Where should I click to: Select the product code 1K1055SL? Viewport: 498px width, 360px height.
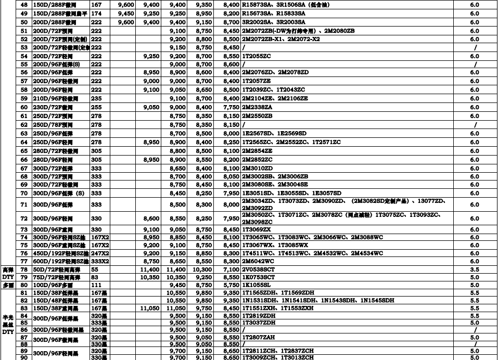coord(256,285)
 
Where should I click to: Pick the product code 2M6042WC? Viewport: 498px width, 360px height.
coord(258,261)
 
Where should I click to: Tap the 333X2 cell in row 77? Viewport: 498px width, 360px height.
coord(99,261)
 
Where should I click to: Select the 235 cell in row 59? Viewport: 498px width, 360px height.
coord(96,98)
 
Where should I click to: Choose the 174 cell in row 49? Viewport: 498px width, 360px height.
coord(96,13)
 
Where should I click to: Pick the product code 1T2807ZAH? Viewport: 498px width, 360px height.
coord(259,337)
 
